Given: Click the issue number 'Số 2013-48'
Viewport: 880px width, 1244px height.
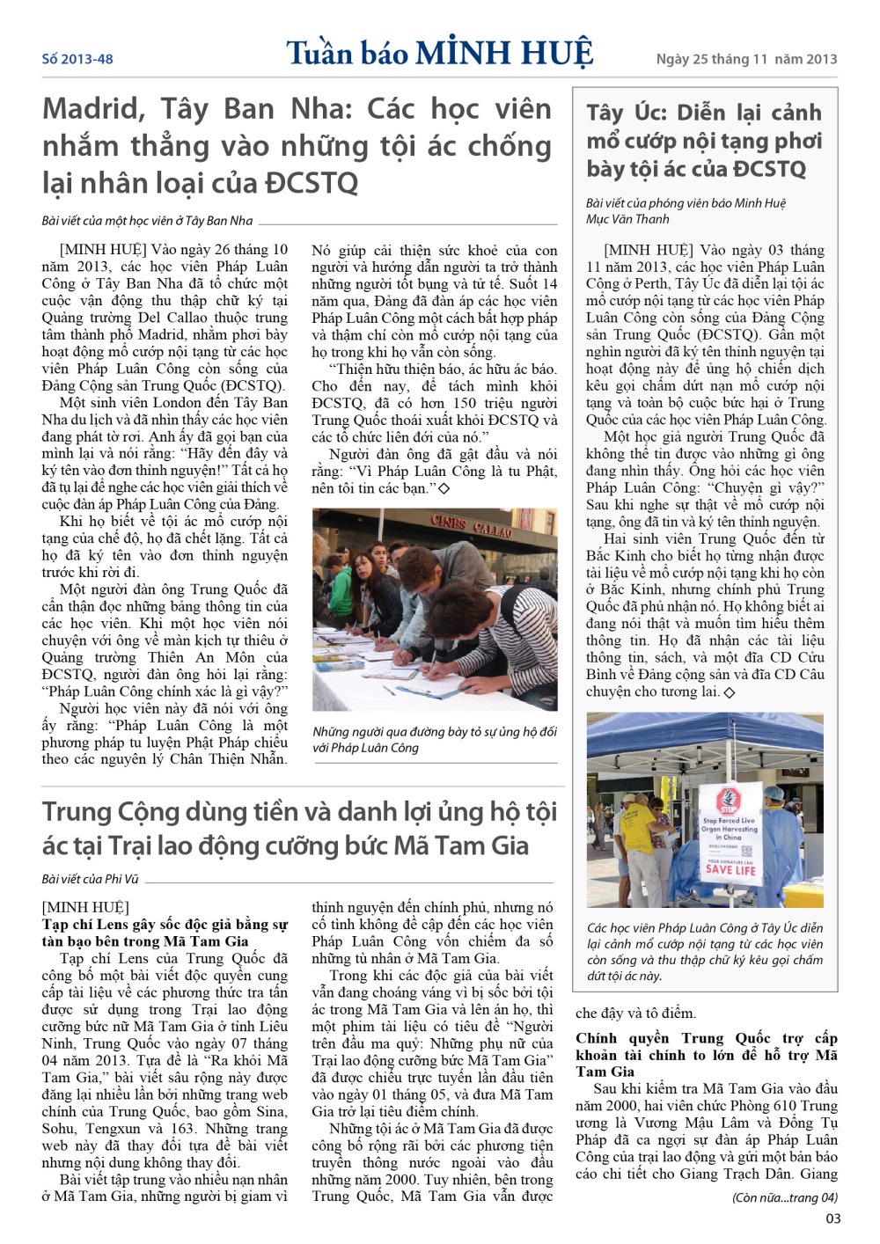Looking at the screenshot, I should pyautogui.click(x=77, y=59).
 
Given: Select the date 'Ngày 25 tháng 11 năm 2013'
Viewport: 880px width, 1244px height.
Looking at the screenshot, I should pyautogui.click(x=746, y=59).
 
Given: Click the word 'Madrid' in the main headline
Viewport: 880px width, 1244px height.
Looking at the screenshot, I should pyautogui.click(x=93, y=109).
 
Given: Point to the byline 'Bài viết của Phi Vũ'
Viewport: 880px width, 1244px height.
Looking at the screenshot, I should pyautogui.click(x=90, y=878).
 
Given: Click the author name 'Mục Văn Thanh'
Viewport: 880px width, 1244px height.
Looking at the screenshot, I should pyautogui.click(x=627, y=219).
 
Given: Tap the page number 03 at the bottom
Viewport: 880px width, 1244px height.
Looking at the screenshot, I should pyautogui.click(x=832, y=1218).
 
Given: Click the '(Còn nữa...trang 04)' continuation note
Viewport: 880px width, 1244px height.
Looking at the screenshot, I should pyautogui.click(x=785, y=1197).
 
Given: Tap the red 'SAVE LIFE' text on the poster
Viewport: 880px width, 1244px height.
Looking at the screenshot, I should pyautogui.click(x=730, y=869).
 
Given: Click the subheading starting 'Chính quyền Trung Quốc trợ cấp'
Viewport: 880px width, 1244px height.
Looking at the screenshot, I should pyautogui.click(x=706, y=1054).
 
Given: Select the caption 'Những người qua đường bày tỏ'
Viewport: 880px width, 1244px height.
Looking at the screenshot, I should pyautogui.click(x=435, y=739).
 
